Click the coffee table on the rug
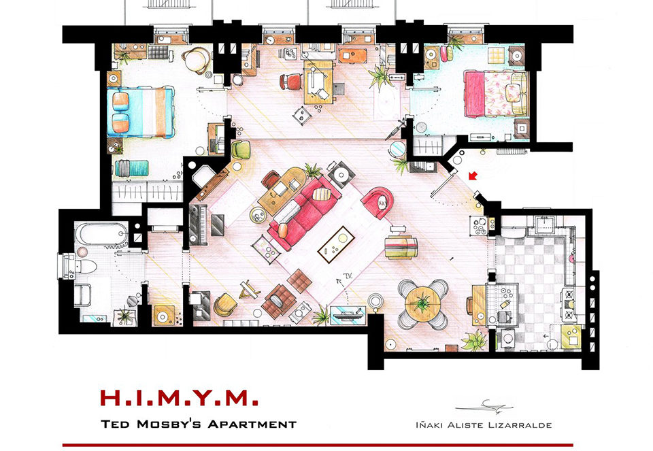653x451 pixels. (336, 245)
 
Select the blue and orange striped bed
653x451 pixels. (140, 112)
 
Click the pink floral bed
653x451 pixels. (496, 94)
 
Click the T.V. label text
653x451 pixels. (348, 275)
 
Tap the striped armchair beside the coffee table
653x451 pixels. (401, 247)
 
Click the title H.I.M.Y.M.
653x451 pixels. (179, 398)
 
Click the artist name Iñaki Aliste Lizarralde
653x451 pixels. (484, 425)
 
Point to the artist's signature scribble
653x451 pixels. (485, 406)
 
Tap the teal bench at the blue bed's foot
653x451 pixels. (131, 168)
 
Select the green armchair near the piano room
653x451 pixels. (241, 150)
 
